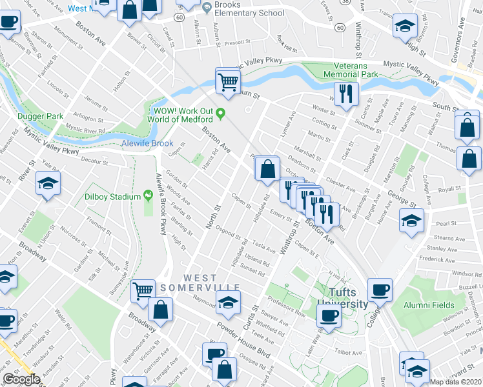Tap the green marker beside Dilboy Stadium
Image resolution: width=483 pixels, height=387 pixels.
pos(148,195)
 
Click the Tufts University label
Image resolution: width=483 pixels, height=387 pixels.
pos(342,299)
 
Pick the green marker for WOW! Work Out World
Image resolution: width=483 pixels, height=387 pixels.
pos(220,114)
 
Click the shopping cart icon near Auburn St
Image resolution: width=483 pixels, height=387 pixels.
pos(227,81)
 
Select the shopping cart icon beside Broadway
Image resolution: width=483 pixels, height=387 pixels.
pos(142,290)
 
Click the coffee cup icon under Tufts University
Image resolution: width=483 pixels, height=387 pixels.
pos(329,316)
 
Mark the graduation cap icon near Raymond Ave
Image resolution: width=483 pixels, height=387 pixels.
pos(227,302)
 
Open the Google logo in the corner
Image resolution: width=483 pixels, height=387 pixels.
pos(21,379)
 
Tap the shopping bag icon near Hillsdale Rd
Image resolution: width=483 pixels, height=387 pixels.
pos(267,170)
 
